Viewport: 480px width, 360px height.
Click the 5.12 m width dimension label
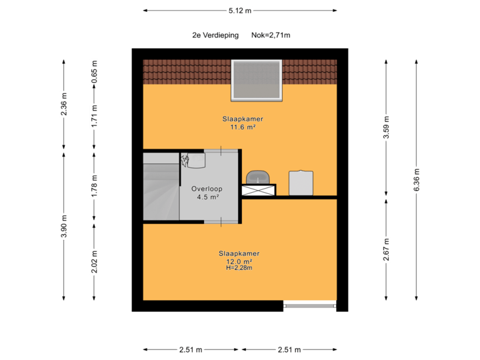pyautogui.click(x=240, y=10)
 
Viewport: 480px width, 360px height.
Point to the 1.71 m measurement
pyautogui.click(x=95, y=116)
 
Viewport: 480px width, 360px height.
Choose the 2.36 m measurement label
pyautogui.click(x=64, y=104)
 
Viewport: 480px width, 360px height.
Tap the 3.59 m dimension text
pyautogui.click(x=386, y=128)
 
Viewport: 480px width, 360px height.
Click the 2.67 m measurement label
pyautogui.click(x=386, y=249)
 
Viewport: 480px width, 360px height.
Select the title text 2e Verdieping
pyautogui.click(x=215, y=35)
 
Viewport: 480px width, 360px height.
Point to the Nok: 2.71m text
pyautogui.click(x=271, y=35)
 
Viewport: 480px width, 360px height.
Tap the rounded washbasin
pyautogui.click(x=257, y=175)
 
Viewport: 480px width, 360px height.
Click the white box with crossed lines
pyautogui.click(x=259, y=190)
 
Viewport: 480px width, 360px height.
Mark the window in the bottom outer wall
pyautogui.click(x=309, y=306)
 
